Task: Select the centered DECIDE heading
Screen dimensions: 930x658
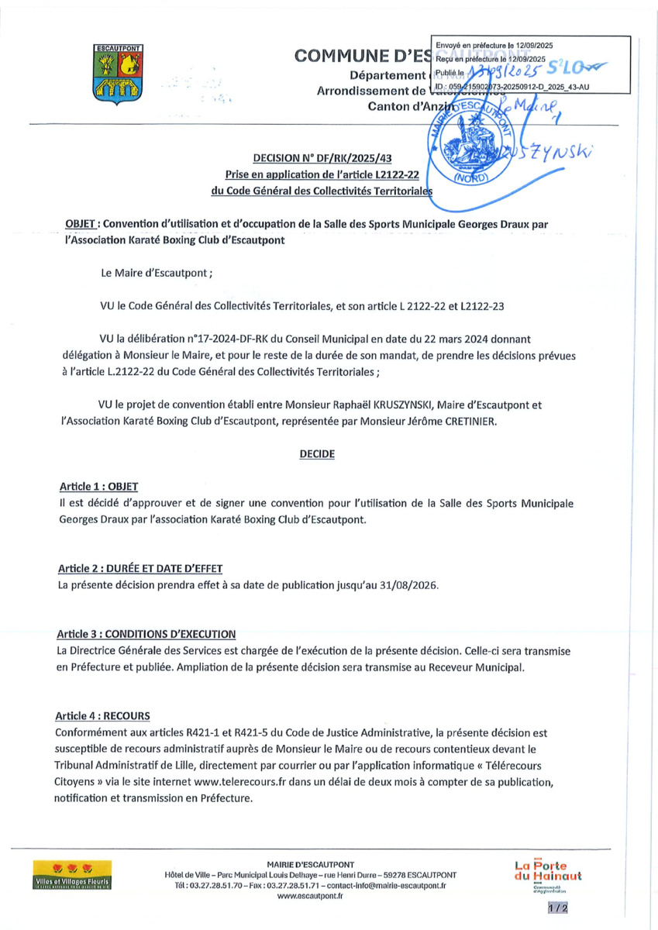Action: point(317,455)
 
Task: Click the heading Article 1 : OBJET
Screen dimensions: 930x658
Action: point(98,487)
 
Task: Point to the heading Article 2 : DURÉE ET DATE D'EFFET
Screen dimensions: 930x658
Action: point(141,569)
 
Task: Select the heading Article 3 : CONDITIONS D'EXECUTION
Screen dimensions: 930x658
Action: point(146,633)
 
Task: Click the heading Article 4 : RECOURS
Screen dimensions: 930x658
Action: point(104,715)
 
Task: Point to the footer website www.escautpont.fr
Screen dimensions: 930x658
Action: point(310,895)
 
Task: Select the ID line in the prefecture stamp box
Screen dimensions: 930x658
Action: point(512,88)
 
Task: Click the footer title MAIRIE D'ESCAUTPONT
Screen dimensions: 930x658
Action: point(310,863)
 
